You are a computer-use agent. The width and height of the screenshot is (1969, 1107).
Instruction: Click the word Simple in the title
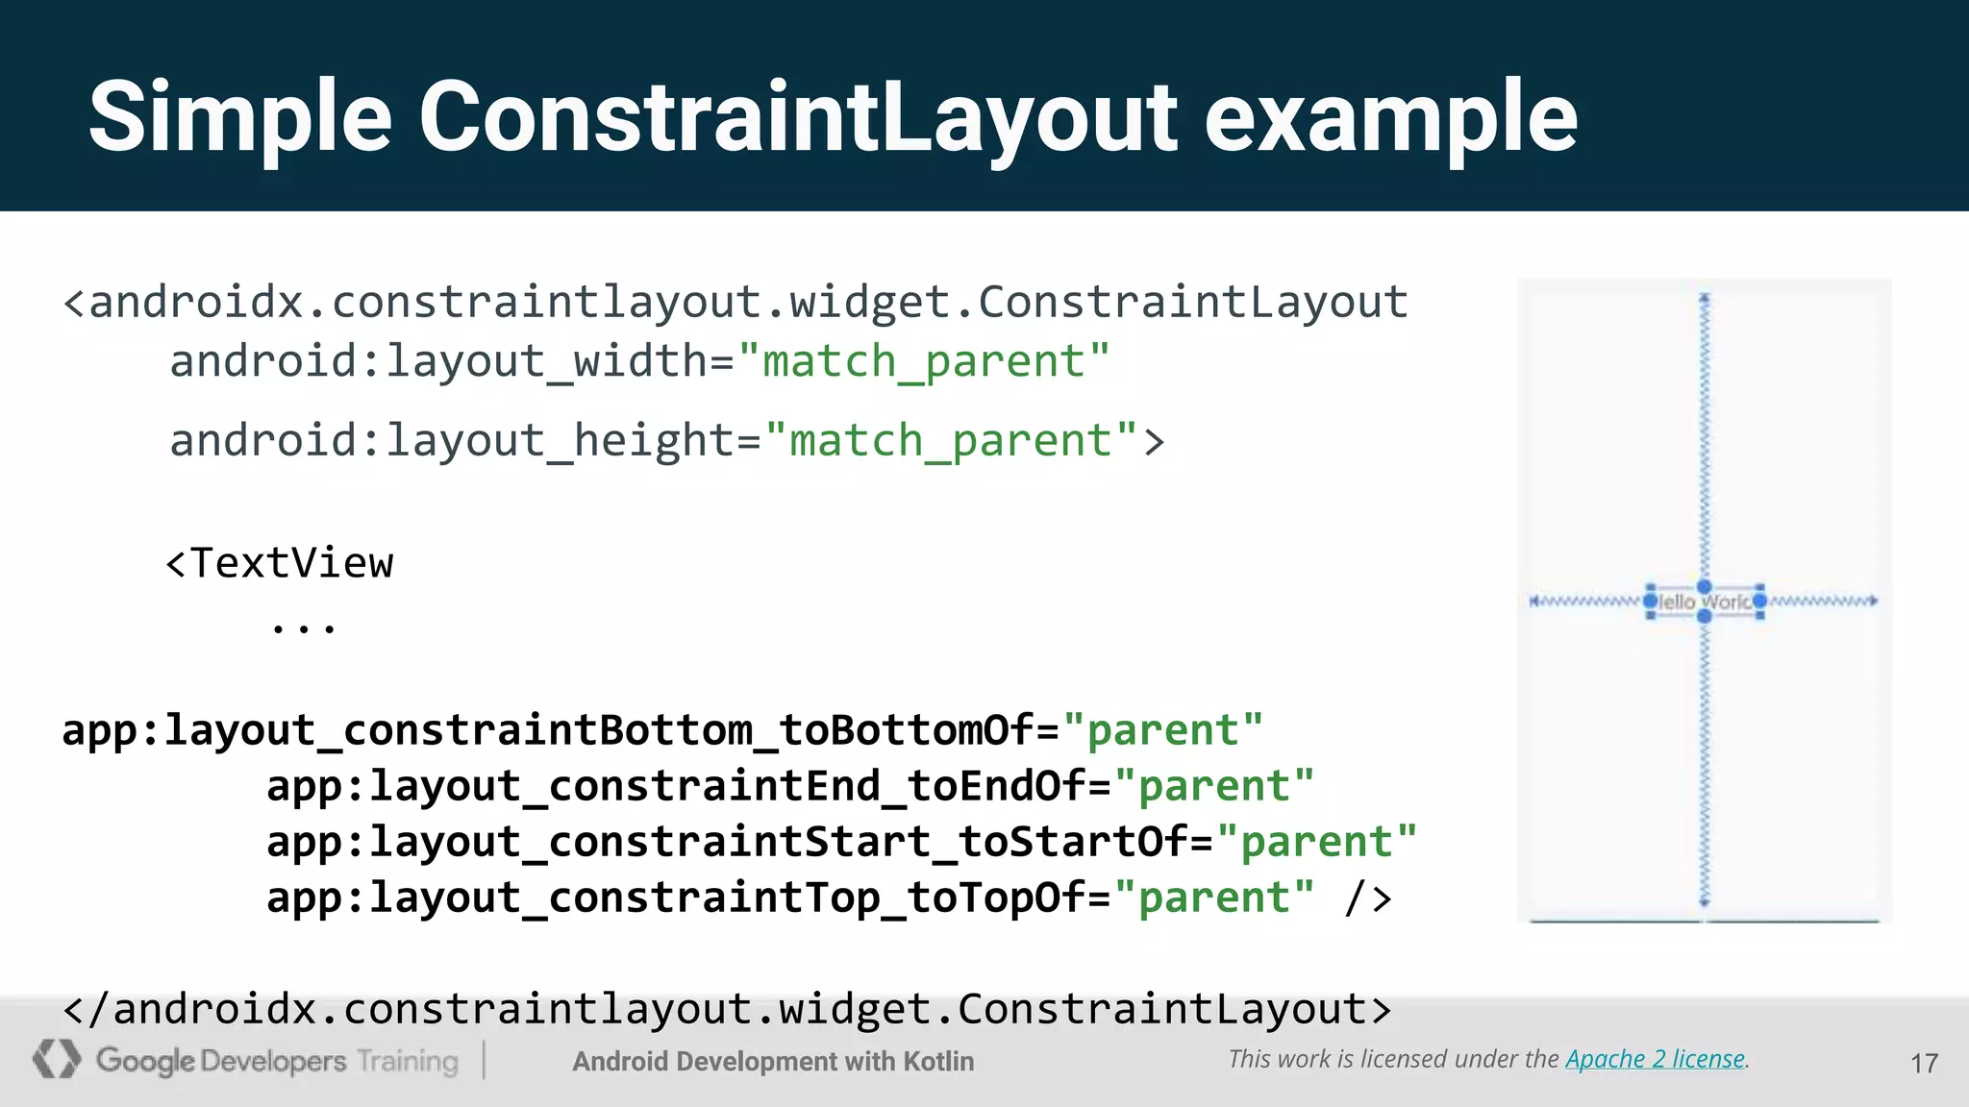[240, 117]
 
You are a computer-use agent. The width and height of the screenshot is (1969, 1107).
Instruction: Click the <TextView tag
[280, 563]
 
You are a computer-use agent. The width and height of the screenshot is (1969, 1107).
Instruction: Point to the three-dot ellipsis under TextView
[303, 628]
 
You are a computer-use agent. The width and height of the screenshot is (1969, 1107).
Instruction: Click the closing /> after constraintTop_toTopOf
[1368, 898]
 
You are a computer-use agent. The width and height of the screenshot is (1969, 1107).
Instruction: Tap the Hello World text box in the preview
[1705, 603]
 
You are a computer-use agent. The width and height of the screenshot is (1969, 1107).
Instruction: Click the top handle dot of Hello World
[1705, 586]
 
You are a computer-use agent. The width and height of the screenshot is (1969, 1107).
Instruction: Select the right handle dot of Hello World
[1759, 602]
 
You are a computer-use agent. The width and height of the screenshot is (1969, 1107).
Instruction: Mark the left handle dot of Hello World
[1651, 602]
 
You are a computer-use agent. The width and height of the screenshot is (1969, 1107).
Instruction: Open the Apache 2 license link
[1655, 1059]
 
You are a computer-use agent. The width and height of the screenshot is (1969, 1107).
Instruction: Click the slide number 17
[1924, 1063]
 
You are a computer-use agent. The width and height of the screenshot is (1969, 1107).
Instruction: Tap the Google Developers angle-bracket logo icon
[57, 1059]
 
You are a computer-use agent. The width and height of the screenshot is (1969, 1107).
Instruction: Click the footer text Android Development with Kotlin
[773, 1061]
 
